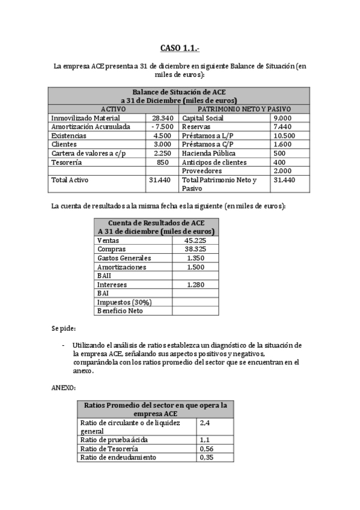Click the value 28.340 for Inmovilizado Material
pos(162,118)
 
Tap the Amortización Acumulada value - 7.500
pos(162,127)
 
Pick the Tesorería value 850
pos(162,162)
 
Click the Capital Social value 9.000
pos(282,118)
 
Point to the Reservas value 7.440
pos(282,127)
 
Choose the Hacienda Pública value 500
pos(279,153)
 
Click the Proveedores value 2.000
pos(282,171)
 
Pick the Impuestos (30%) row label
pos(124,302)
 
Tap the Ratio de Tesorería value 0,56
pos(207,449)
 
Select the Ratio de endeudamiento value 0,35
pos(207,457)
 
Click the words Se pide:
pos(64,328)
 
